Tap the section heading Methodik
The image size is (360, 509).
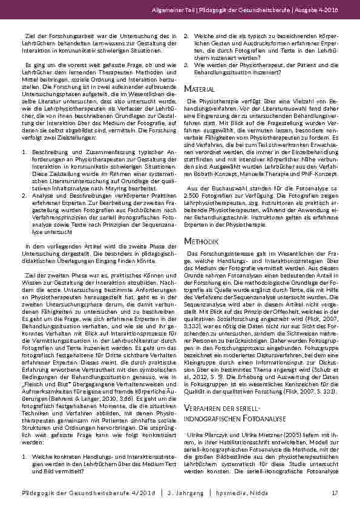click(199, 241)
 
